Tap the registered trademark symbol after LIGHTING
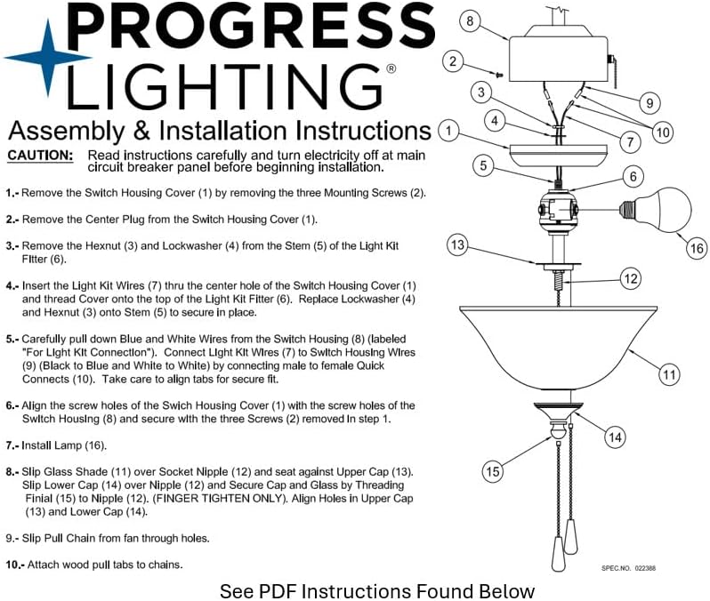pyautogui.click(x=391, y=68)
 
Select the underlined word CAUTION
pyautogui.click(x=40, y=156)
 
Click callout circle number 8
pyautogui.click(x=472, y=20)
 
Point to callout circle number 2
pyautogui.click(x=454, y=61)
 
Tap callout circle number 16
pyautogui.click(x=697, y=249)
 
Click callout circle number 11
pyautogui.click(x=669, y=374)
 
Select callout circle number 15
pyautogui.click(x=493, y=471)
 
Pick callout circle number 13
pyautogui.click(x=457, y=246)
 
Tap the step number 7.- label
pyautogui.click(x=12, y=445)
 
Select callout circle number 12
pyautogui.click(x=630, y=279)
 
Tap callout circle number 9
pyautogui.click(x=649, y=104)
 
